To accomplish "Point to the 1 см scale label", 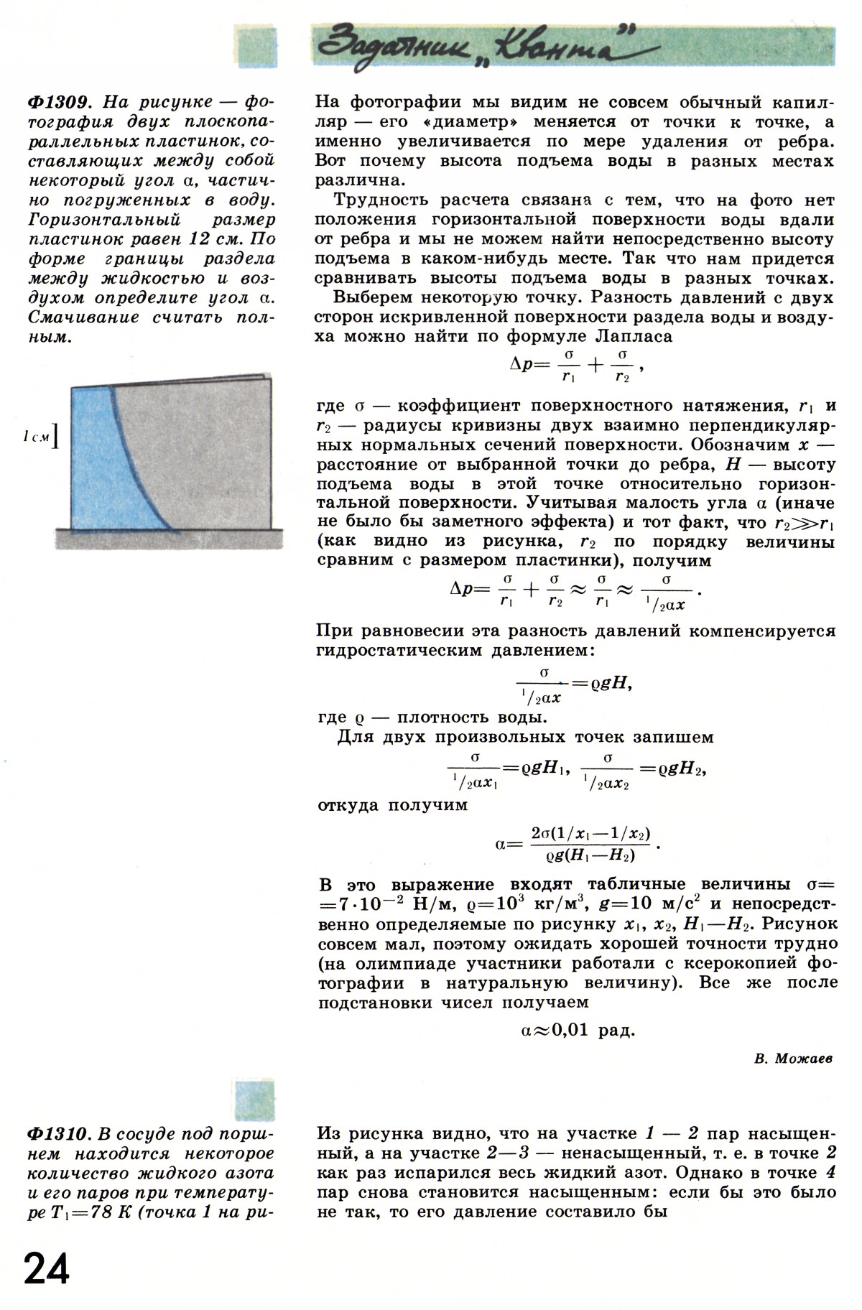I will (x=36, y=437).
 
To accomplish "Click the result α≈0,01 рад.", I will (x=578, y=1031).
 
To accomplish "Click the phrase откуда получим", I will (x=392, y=805).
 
